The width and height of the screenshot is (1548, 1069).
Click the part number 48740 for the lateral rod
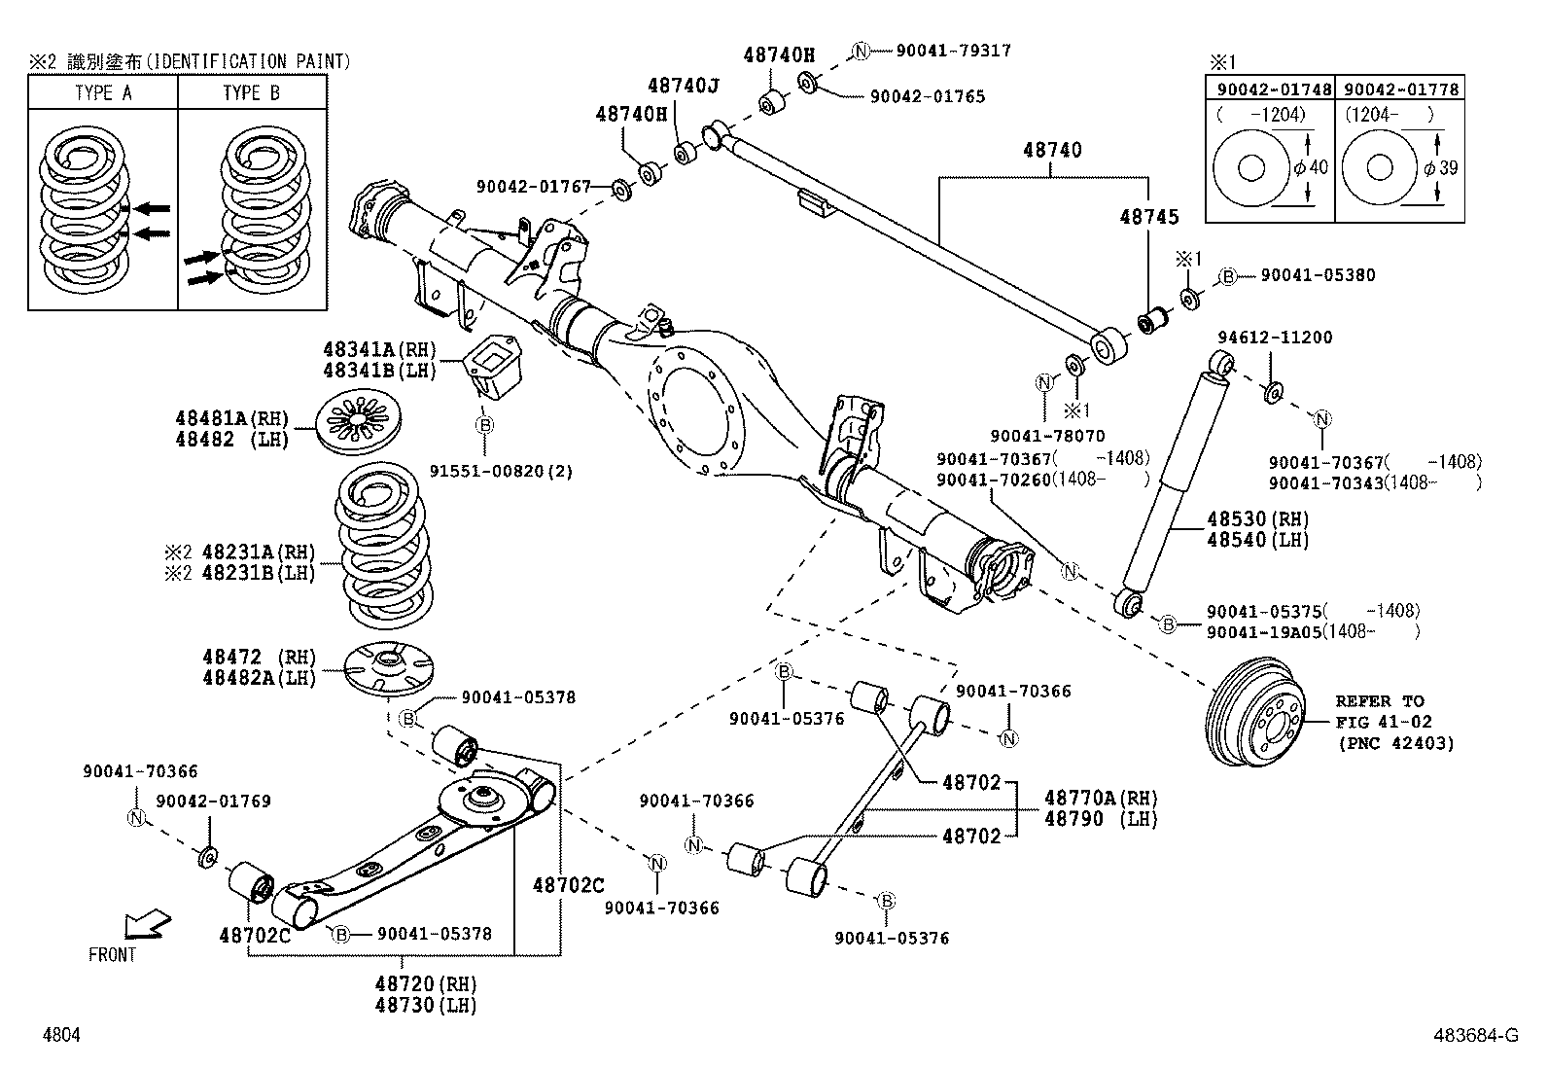click(x=1051, y=151)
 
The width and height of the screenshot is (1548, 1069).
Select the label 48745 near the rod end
click(x=1148, y=217)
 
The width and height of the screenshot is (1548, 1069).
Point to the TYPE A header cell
click(x=102, y=93)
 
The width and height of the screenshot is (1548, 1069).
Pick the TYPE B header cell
click(x=251, y=93)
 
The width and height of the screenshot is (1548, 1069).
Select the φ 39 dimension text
click(x=1440, y=167)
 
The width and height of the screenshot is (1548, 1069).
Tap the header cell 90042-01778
click(x=1400, y=89)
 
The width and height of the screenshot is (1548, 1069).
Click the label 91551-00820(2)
click(x=501, y=472)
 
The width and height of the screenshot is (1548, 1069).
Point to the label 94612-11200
click(x=1275, y=338)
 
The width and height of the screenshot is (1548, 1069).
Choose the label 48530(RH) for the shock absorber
click(x=1257, y=519)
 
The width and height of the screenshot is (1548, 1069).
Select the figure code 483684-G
click(x=1473, y=1037)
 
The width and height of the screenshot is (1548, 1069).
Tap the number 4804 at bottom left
click(x=61, y=1037)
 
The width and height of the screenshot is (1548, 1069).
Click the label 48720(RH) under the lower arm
click(x=425, y=984)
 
